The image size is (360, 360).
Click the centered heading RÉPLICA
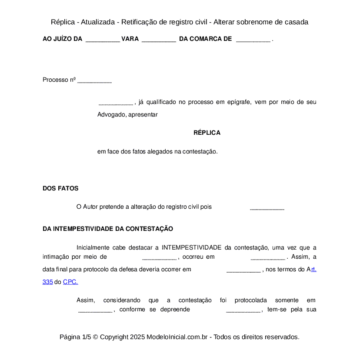pos(207,133)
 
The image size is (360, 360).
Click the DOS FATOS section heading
pos(60,188)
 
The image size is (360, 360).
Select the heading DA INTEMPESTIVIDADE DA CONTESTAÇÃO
pos(108,229)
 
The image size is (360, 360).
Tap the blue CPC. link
pos(70,282)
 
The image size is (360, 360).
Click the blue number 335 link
pos(47,282)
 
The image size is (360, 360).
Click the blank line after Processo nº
pos(94,80)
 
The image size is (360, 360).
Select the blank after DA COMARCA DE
pos(253,39)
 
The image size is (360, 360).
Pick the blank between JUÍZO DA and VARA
pos(103,39)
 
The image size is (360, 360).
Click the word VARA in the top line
pos(130,39)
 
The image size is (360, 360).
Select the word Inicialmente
pos(93,247)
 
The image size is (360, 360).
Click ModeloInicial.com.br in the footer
pos(177,337)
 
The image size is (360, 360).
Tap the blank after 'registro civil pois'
pos(267,207)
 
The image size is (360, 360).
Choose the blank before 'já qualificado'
pos(116,103)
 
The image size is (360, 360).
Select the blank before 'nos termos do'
pos(243,270)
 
